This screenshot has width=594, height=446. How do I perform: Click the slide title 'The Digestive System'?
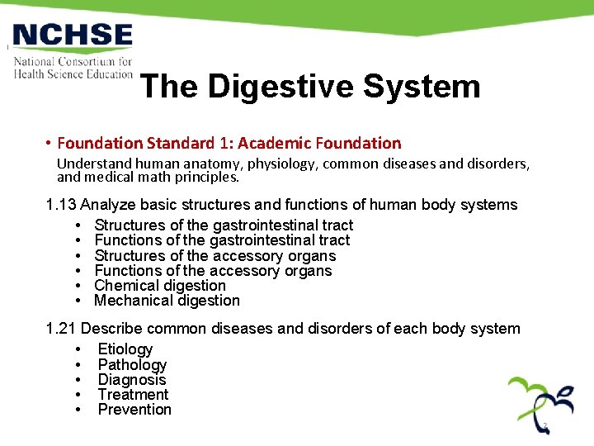click(310, 86)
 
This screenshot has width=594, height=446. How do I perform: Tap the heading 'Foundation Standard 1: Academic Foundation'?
click(229, 143)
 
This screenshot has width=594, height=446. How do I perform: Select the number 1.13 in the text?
click(61, 205)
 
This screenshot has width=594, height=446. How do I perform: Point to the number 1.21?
click(61, 329)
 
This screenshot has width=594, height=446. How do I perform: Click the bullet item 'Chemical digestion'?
click(160, 286)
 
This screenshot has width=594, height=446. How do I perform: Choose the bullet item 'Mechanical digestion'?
click(167, 301)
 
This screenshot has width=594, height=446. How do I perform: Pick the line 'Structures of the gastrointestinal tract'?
click(224, 225)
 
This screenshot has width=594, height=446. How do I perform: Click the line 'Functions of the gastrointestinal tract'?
click(222, 240)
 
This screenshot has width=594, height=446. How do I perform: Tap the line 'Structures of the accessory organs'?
click(215, 255)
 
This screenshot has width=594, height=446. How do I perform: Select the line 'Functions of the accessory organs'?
click(213, 271)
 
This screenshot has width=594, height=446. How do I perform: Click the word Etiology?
click(125, 349)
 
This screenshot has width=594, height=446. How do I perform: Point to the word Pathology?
click(132, 365)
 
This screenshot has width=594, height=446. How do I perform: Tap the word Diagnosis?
click(132, 380)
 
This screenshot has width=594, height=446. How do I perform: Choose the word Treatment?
click(133, 395)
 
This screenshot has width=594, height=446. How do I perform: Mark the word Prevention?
click(134, 410)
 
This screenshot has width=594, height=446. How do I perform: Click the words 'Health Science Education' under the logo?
click(73, 74)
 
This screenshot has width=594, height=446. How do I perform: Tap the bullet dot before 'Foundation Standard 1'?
click(50, 144)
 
